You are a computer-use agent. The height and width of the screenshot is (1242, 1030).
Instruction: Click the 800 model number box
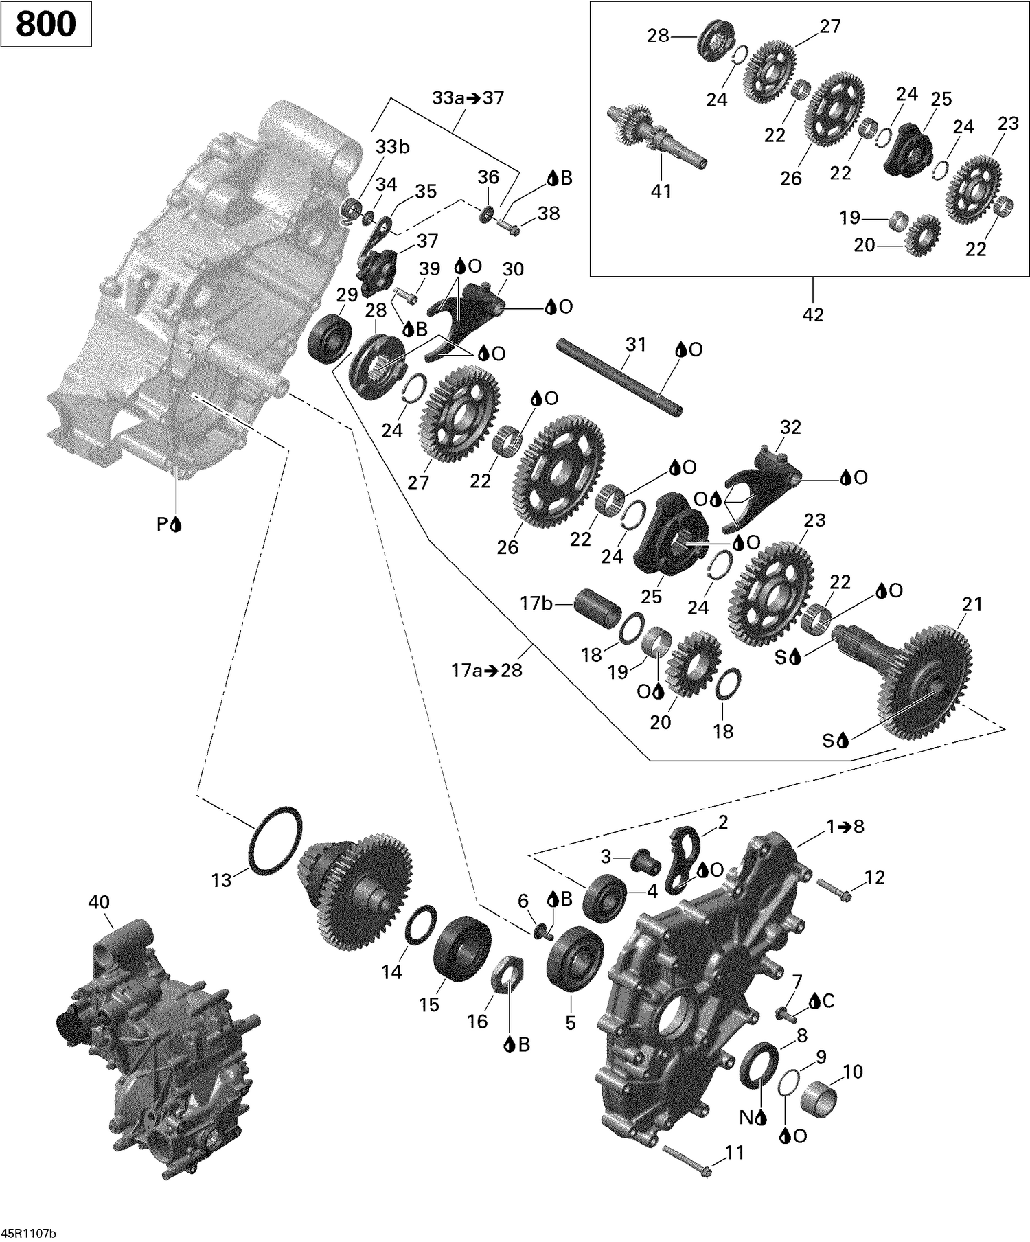(x=46, y=24)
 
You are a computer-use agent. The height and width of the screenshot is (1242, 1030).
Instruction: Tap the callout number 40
(x=99, y=901)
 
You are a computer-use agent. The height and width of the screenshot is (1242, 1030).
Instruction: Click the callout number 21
(x=972, y=604)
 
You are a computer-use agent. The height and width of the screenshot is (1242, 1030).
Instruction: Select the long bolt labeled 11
(x=687, y=1160)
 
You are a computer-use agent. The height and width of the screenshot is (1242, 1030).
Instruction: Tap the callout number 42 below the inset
(x=813, y=314)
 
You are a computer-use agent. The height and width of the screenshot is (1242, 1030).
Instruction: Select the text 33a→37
(x=468, y=98)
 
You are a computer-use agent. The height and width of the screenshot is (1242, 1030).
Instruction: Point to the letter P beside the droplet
(x=163, y=525)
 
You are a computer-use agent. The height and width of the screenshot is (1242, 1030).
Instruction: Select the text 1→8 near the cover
(x=845, y=827)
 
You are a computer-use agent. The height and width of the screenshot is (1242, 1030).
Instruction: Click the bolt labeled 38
(x=509, y=226)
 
